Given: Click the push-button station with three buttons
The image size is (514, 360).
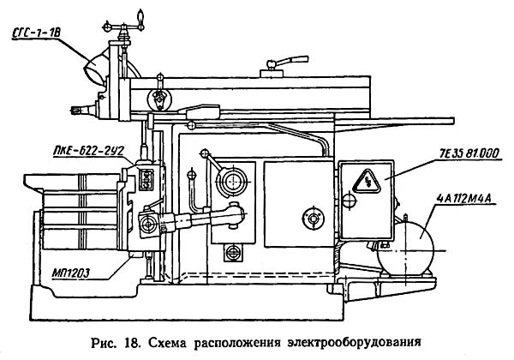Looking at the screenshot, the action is (x=144, y=177).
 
